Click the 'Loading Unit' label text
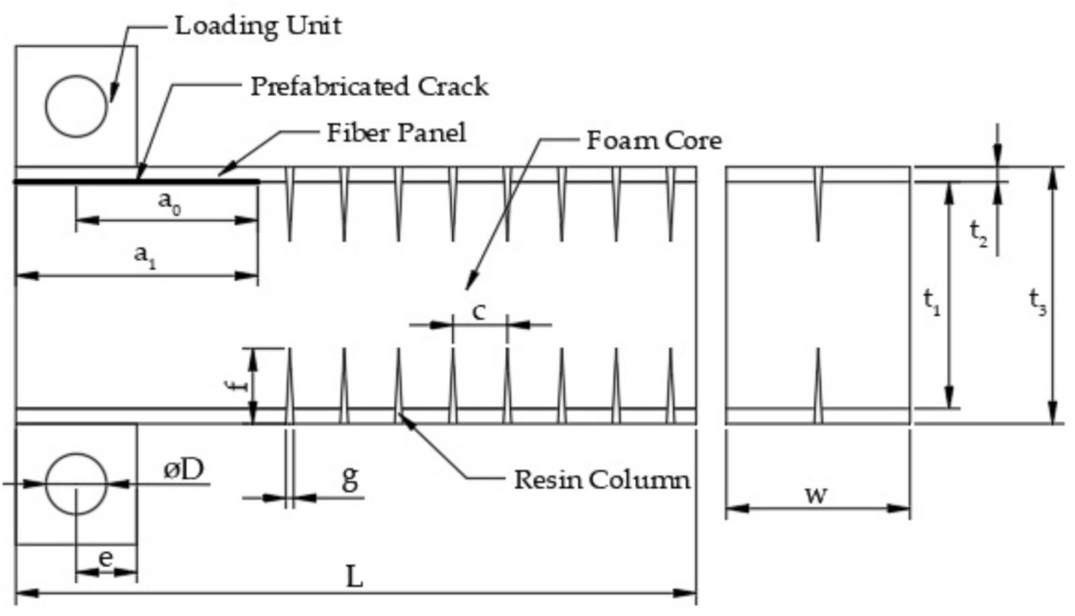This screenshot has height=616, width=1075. pos(258,25)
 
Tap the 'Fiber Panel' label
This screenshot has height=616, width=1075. pos(396,133)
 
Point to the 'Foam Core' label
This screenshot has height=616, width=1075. pos(653,140)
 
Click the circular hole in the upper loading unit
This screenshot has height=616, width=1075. pos(77,105)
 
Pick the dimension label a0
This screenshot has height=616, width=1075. pos(169,202)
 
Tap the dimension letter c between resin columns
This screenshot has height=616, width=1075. pos(478,311)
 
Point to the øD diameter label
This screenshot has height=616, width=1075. pos(183,470)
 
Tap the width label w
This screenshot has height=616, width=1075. pos(815,494)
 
